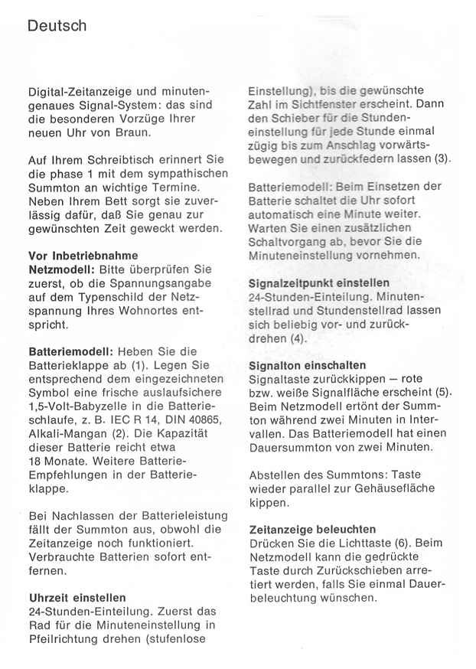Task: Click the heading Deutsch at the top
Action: [57, 26]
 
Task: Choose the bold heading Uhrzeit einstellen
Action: [77, 596]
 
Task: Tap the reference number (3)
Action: [442, 160]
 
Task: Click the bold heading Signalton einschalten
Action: [308, 365]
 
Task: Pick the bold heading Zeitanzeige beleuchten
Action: [313, 529]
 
